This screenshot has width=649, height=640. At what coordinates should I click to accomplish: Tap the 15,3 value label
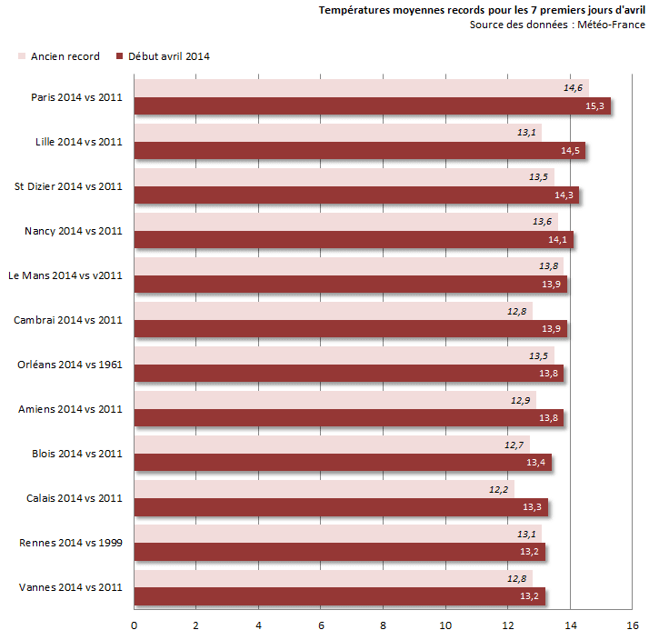[x=595, y=106]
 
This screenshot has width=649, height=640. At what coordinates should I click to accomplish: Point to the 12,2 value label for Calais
[x=498, y=489]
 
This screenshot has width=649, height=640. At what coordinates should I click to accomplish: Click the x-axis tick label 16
[x=633, y=625]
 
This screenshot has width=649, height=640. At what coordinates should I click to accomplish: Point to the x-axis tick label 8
[x=384, y=625]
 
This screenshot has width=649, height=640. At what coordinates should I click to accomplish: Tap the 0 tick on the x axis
[x=135, y=625]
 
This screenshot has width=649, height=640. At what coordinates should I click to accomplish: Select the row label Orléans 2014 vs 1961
[x=70, y=365]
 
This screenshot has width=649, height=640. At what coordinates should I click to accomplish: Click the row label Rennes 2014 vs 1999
[x=71, y=543]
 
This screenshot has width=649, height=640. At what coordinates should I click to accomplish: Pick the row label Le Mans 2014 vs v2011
[x=65, y=275]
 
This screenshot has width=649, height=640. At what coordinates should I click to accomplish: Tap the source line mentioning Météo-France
[x=557, y=25]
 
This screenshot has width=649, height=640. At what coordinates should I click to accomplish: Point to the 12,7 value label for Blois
[x=514, y=445]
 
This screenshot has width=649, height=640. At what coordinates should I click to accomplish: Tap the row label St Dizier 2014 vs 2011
[x=68, y=186]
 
